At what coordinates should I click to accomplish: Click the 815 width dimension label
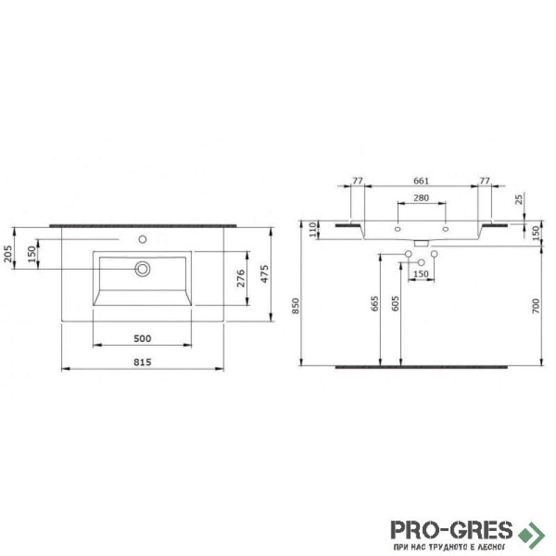[x=142, y=362]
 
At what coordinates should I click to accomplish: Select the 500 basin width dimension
[x=142, y=338]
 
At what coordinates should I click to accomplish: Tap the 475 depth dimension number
[x=265, y=274]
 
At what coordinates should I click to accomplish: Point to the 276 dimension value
[x=240, y=279]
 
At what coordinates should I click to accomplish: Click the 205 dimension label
[x=8, y=254]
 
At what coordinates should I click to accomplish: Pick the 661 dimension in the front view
[x=421, y=181]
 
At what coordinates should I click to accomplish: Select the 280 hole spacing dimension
[x=421, y=198]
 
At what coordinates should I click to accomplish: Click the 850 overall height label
[x=296, y=306]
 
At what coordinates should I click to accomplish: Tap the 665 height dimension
[x=375, y=304]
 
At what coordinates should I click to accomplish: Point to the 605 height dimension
[x=395, y=304]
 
